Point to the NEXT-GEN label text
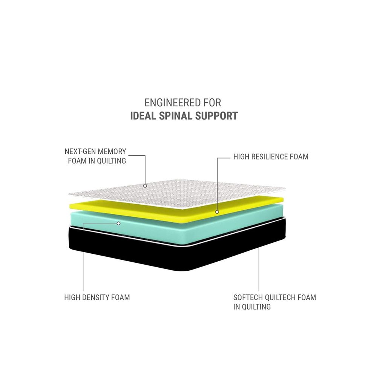tap(79, 152)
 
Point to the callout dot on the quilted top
tap(145, 185)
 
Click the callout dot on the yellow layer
tap(218, 212)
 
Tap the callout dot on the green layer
tap(118, 223)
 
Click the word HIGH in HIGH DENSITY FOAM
tap(73, 297)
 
